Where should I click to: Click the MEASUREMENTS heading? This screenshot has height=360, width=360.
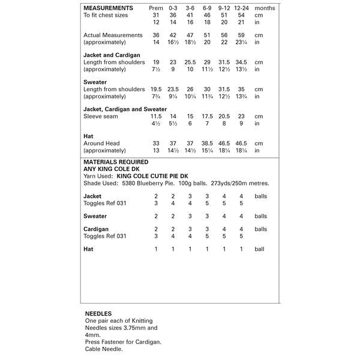click(107, 7)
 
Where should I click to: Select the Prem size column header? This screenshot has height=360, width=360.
click(156, 7)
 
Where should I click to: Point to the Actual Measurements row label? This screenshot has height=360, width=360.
click(113, 35)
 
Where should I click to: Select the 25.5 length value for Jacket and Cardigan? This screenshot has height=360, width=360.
click(190, 62)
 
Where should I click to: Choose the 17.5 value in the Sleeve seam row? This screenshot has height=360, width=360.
click(208, 116)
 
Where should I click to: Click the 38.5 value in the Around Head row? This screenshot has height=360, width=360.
click(208, 143)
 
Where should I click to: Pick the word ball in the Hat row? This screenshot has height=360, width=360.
click(259, 248)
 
